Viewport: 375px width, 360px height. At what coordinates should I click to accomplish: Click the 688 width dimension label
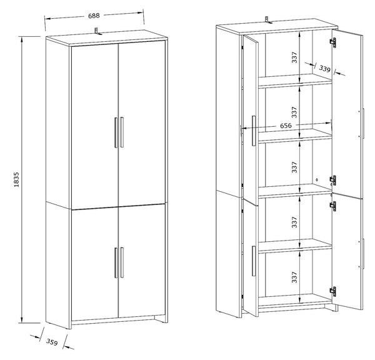tap(94, 16)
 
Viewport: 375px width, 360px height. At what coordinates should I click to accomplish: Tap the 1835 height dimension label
tap(16, 179)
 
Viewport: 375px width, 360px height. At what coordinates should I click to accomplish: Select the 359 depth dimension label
tap(52, 342)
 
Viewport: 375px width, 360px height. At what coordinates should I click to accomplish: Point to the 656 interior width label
tap(286, 126)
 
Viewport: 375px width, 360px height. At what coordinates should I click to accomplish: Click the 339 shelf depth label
tap(324, 69)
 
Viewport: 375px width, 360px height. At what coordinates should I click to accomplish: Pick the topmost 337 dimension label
tap(294, 57)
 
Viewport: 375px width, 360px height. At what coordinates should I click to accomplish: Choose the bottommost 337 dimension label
tap(294, 277)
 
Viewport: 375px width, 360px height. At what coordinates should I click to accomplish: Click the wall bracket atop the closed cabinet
tap(97, 31)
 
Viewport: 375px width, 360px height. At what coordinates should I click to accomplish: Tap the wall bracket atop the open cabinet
tap(268, 20)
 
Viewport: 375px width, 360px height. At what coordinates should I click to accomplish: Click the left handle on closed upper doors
tap(116, 132)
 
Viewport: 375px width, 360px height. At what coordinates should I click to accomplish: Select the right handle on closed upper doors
tap(122, 132)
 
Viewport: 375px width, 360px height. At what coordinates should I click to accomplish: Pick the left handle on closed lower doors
tap(116, 262)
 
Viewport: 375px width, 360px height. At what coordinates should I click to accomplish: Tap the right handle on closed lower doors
tap(122, 262)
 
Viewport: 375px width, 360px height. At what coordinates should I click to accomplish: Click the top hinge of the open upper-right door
tap(333, 42)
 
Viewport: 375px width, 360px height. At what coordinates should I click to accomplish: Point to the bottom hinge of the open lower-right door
tap(333, 291)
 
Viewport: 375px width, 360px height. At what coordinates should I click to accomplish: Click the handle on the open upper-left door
tap(254, 131)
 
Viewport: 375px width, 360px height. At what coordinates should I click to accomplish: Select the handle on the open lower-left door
tap(254, 261)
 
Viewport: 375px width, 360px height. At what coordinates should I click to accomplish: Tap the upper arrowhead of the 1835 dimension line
tap(22, 39)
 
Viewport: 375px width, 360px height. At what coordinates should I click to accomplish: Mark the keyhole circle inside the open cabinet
tap(317, 179)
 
